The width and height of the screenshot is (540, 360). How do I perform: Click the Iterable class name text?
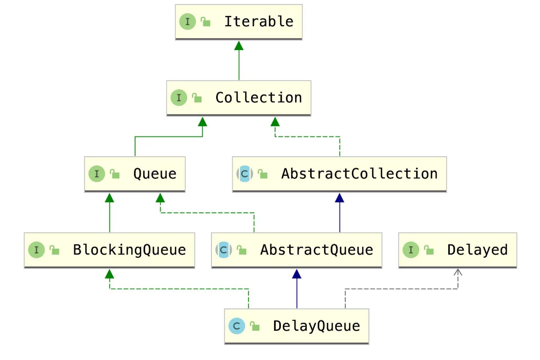[x=259, y=21]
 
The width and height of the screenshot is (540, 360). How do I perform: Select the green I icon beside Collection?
[x=179, y=98]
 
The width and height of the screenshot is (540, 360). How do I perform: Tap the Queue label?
[x=155, y=174]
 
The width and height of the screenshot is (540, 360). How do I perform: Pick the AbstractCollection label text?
[x=359, y=174]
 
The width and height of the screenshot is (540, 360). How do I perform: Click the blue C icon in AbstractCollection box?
[x=245, y=174]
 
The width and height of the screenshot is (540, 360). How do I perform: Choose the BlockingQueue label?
[x=129, y=250]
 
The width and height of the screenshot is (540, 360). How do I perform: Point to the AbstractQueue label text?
[x=317, y=250]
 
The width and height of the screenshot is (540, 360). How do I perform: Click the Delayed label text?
[x=477, y=250]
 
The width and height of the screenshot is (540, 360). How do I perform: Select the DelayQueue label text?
[x=316, y=326]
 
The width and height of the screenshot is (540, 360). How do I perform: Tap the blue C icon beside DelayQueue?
[x=237, y=326]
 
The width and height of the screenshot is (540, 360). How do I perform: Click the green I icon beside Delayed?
[x=411, y=250]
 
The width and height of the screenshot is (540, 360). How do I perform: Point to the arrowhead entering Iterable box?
[x=239, y=46]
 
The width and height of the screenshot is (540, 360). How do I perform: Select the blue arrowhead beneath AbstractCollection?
[x=340, y=198]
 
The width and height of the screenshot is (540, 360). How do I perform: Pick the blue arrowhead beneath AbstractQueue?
[x=297, y=274]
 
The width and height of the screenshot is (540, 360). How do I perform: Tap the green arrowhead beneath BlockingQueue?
[x=109, y=274]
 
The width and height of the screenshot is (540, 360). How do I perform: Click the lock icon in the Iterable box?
[x=206, y=22]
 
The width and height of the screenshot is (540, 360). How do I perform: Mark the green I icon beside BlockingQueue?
[x=36, y=250]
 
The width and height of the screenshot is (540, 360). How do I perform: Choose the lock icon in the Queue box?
[x=115, y=174]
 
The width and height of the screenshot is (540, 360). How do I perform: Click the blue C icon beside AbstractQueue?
[x=224, y=250]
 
